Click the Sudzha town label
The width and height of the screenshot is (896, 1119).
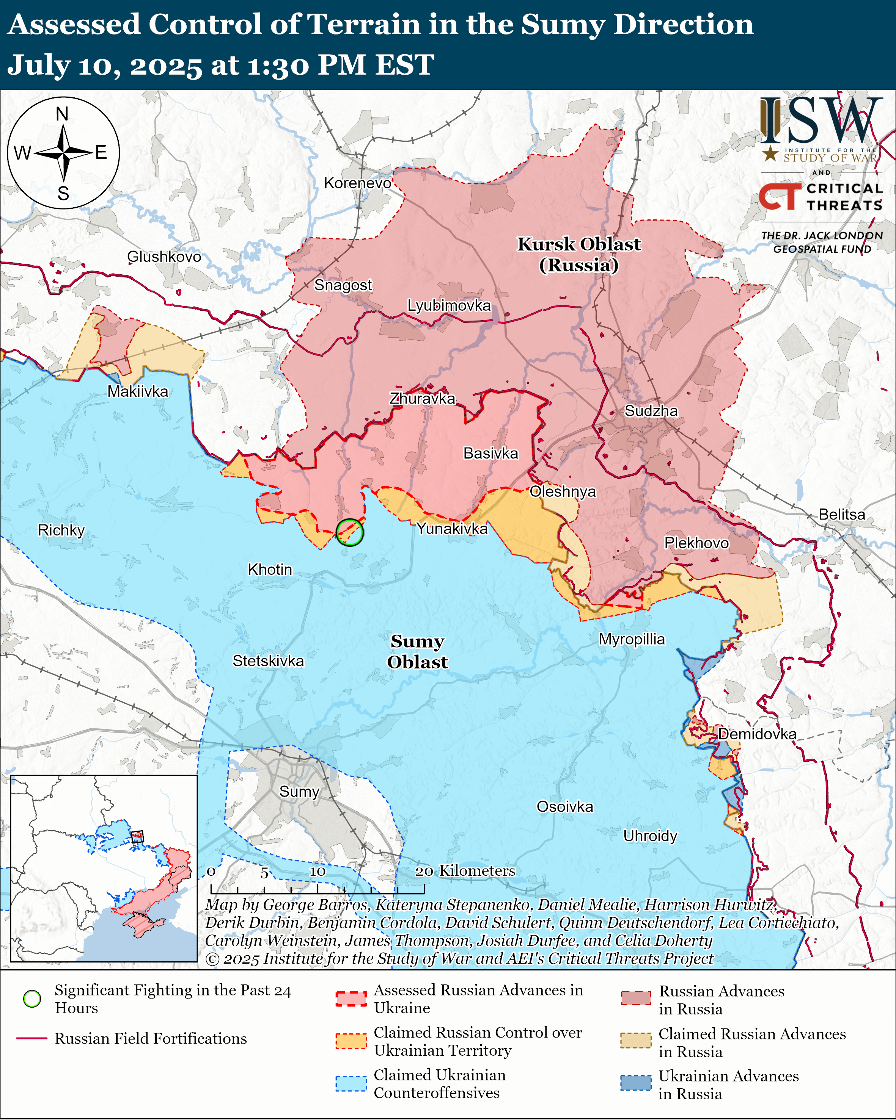(651, 411)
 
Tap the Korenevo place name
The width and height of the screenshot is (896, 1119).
(357, 183)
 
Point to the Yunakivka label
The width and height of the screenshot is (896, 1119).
(452, 529)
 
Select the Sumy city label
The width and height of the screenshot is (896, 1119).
(299, 792)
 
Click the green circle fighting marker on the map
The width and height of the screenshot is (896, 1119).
(350, 532)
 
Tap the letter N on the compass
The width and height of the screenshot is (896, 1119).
(62, 114)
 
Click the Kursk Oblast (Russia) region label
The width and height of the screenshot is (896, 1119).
(578, 254)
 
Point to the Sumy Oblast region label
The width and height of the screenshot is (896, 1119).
(417, 651)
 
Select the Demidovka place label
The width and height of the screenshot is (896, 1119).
(757, 734)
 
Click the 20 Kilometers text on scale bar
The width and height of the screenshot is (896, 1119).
(465, 870)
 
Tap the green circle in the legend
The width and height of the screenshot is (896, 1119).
(32, 998)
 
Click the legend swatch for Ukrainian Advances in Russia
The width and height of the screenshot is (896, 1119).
(635, 1083)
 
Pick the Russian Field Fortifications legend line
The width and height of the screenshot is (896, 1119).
(32, 1039)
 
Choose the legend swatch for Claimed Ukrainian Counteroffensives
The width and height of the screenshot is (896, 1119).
(351, 1084)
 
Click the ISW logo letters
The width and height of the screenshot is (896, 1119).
(821, 121)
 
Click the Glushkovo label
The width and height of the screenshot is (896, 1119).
(164, 257)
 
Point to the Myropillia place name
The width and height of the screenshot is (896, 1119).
(632, 639)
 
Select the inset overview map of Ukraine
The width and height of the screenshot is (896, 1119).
(104, 868)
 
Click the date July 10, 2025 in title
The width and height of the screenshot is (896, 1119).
(104, 66)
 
